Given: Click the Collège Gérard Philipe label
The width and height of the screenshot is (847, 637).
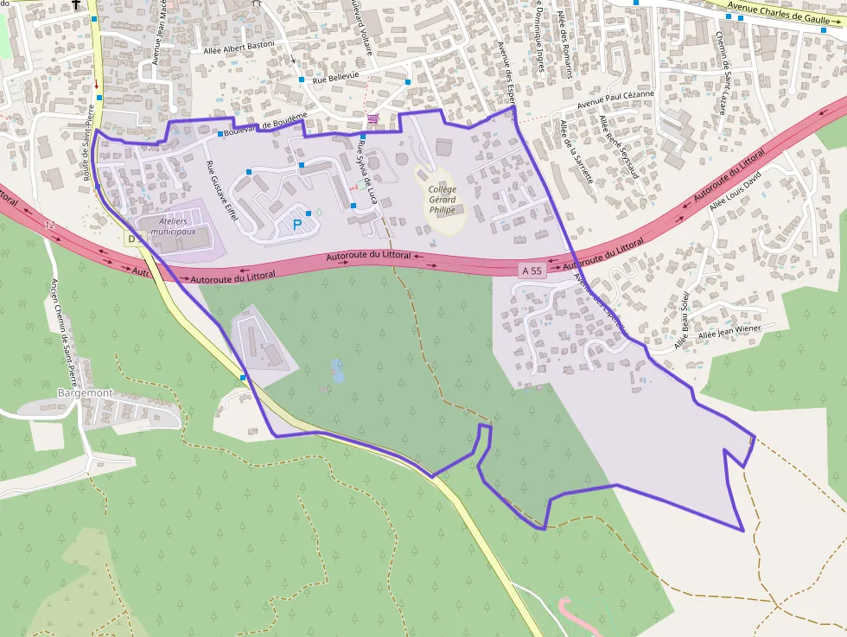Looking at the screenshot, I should click(442, 199).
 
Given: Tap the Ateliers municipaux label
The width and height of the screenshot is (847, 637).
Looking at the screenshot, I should click(173, 226).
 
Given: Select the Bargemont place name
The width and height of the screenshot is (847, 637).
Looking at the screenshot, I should click(85, 392).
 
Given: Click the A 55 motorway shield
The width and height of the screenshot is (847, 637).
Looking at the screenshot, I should click(532, 271).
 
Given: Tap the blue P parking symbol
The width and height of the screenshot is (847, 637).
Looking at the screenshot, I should click(298, 225).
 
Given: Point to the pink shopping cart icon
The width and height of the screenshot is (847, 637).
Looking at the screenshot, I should click(373, 118).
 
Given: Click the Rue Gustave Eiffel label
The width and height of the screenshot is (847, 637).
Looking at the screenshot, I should click(220, 191).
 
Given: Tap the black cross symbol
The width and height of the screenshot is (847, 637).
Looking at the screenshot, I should click(76, 4).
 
